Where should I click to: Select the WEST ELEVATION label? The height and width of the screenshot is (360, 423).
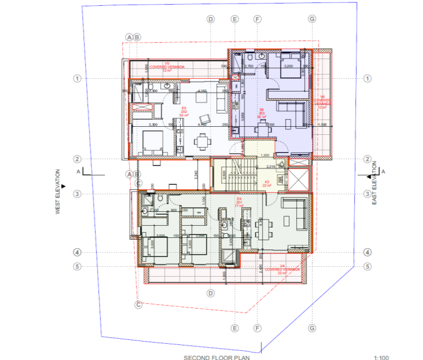pyautogui.click(x=58, y=192)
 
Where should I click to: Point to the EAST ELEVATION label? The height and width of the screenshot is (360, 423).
pyautogui.click(x=374, y=185)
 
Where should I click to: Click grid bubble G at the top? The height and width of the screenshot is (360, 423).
pyautogui.click(x=312, y=19)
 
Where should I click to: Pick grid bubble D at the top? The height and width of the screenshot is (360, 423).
pyautogui.click(x=211, y=19)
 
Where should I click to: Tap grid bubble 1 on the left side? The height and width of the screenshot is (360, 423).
pyautogui.click(x=76, y=78)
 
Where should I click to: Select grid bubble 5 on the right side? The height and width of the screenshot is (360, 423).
pyautogui.click(x=367, y=267)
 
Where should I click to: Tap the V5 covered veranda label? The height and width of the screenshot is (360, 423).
pyautogui.click(x=167, y=68)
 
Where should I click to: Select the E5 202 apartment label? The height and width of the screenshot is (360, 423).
pyautogui.click(x=184, y=111)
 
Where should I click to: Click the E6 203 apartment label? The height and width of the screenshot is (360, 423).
pyautogui.click(x=262, y=112)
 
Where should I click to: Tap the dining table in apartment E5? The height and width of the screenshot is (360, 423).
pyautogui.click(x=202, y=141)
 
